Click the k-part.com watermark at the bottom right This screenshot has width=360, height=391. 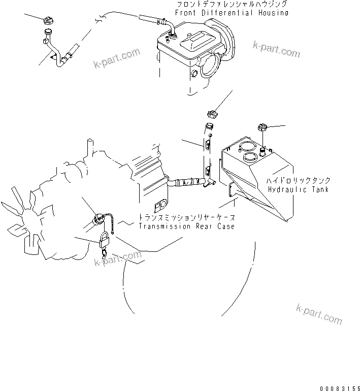[x=318, y=314]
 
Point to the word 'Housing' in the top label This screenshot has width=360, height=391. [x=271, y=12]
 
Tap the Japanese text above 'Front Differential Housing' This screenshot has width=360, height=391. [x=233, y=4]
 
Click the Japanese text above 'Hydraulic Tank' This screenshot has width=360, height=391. [x=300, y=181]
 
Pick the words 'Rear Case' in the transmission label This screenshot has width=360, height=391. [x=213, y=226]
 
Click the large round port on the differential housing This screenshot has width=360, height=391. [x=210, y=69]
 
